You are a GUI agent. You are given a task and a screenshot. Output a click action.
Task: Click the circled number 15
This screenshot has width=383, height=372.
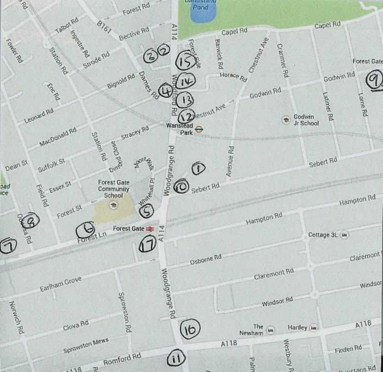(185, 61)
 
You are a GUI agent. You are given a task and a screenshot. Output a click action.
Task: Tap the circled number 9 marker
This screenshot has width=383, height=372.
(374, 80)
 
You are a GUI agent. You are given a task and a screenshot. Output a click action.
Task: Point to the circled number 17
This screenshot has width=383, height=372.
(147, 243)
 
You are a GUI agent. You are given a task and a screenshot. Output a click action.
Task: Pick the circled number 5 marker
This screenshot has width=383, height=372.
(146, 211)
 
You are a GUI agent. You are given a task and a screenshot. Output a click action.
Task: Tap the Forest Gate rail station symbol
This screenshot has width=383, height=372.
(149, 228)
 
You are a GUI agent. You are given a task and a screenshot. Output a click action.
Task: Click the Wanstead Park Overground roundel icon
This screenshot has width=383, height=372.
(199, 129)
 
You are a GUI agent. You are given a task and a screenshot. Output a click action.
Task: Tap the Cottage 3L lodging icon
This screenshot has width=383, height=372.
(344, 235)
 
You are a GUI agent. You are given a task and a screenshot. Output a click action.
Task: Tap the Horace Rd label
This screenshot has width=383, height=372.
(233, 77)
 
